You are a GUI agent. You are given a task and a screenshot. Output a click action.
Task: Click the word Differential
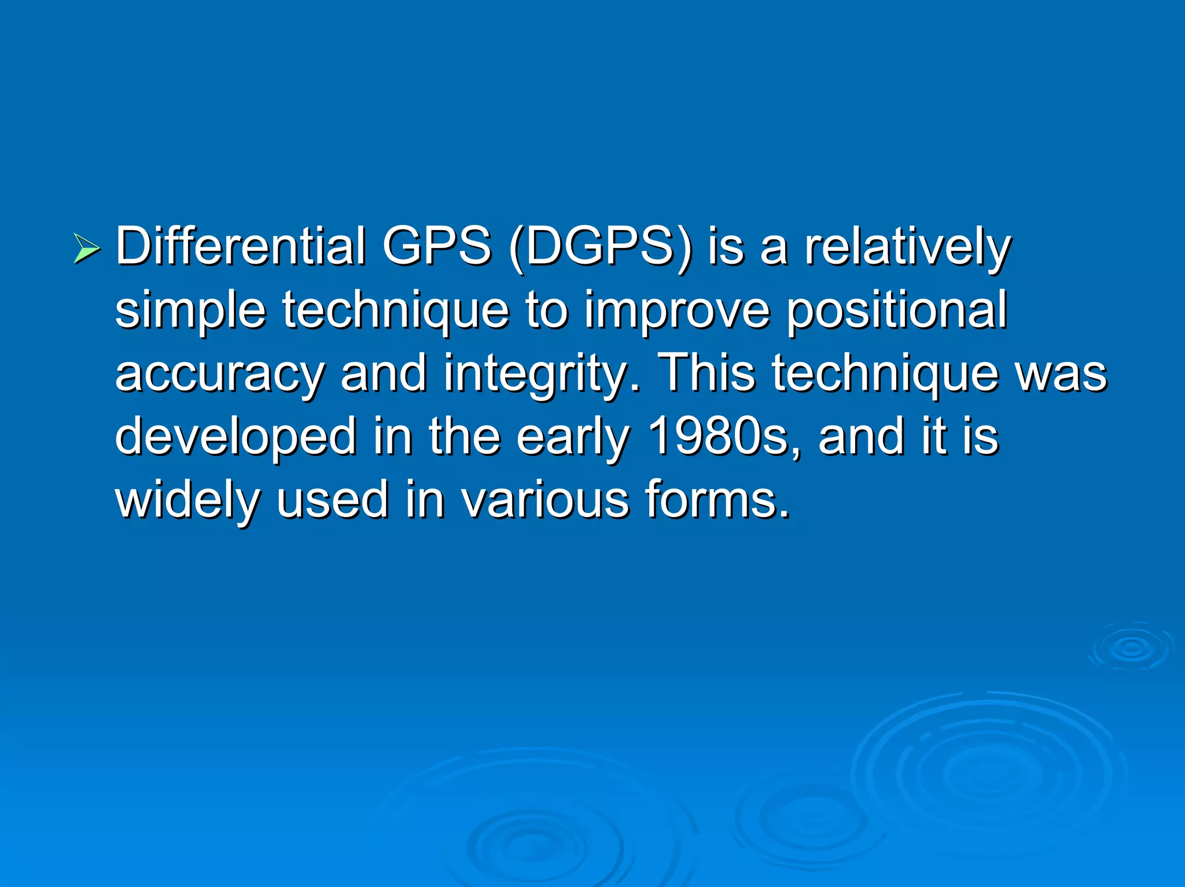[x=241, y=246]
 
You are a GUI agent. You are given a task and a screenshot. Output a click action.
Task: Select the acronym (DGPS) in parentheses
[x=601, y=247]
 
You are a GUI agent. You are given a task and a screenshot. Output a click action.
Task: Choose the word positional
[x=896, y=311]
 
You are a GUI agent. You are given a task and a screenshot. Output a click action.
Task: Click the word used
[x=332, y=500]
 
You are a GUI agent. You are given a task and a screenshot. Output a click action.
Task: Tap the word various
[x=544, y=500]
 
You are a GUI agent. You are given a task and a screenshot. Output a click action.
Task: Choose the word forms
[x=717, y=500]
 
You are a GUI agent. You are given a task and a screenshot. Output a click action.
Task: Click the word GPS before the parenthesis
[x=437, y=246]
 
